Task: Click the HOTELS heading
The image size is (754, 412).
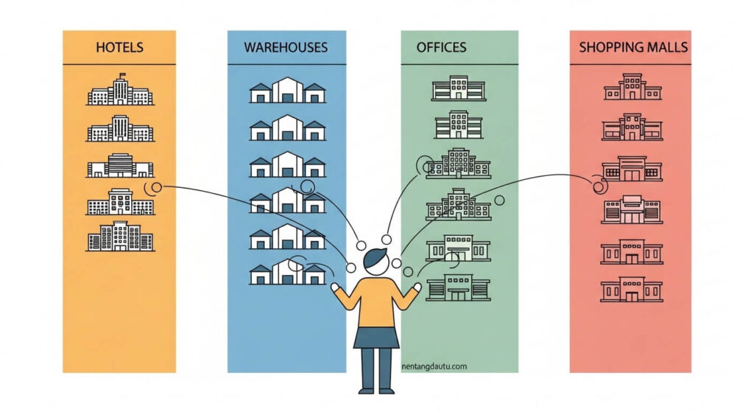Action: (x=119, y=47)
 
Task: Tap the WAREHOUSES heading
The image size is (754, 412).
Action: (x=286, y=47)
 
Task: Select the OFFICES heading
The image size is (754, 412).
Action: (x=442, y=47)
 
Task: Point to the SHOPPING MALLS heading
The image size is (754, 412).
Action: (x=633, y=47)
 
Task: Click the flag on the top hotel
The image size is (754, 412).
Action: (x=122, y=75)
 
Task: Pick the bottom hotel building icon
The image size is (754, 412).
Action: (x=120, y=237)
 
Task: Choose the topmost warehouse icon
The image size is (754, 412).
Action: (x=288, y=90)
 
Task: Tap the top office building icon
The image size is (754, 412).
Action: (x=459, y=88)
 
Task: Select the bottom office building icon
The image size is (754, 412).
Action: (x=458, y=287)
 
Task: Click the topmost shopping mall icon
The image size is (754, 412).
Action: (x=633, y=87)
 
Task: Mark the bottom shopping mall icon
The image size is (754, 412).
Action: (x=631, y=289)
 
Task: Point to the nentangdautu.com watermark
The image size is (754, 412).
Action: (x=434, y=366)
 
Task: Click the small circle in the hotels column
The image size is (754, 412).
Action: (x=156, y=187)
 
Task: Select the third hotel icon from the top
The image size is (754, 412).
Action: (x=120, y=166)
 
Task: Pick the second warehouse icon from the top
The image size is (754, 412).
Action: (x=288, y=128)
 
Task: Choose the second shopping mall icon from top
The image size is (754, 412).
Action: (x=633, y=127)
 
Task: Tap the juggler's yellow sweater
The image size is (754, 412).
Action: (x=376, y=301)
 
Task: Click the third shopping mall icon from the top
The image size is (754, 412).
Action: (x=633, y=169)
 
